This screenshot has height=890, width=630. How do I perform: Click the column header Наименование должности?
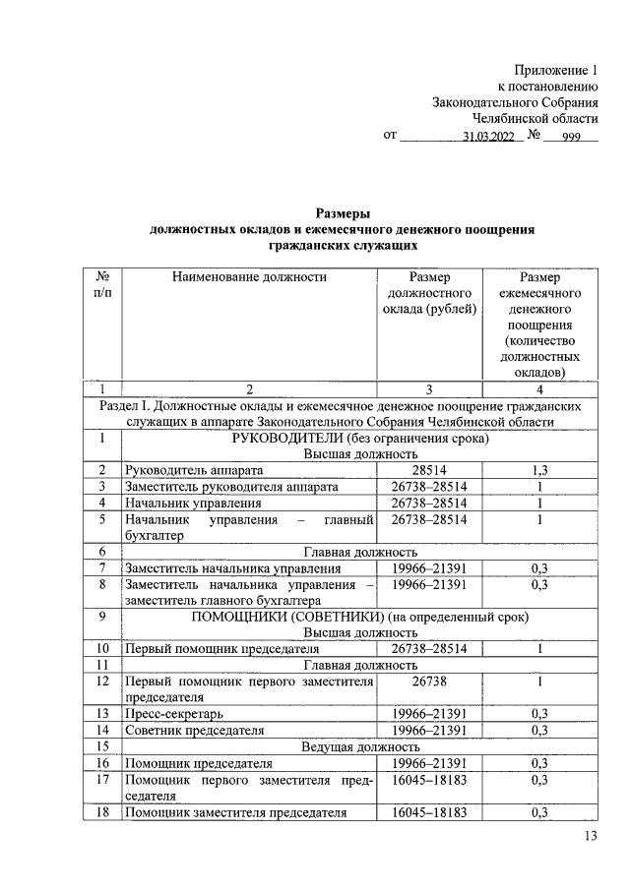(249, 277)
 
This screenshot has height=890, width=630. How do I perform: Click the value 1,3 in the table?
(538, 471)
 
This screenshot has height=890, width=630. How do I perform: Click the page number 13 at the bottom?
(591, 836)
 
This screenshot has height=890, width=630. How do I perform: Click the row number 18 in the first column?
(101, 812)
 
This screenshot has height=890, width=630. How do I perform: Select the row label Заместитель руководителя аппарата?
(231, 487)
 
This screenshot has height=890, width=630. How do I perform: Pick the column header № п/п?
(101, 285)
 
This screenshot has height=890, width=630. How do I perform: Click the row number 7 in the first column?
(101, 567)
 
